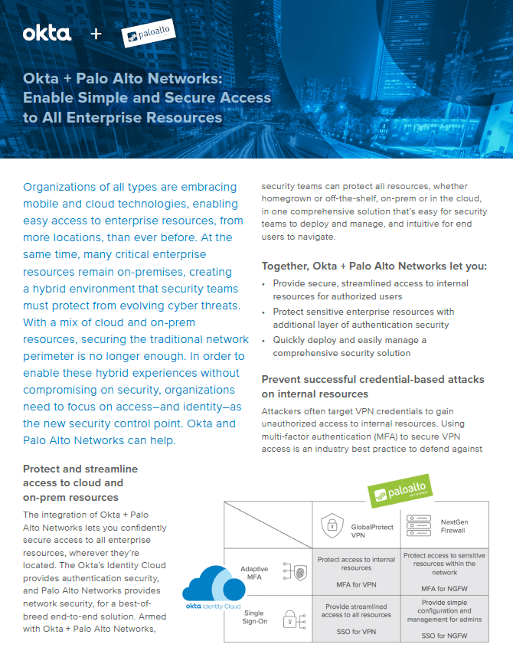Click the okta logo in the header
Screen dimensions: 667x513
47,34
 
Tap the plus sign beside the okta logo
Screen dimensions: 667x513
96,34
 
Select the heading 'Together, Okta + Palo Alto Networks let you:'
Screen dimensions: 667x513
374,266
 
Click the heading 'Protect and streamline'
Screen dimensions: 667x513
80,469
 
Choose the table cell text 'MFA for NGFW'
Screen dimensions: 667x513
444,588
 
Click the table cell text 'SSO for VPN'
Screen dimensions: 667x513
356,631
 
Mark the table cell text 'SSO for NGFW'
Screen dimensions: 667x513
444,636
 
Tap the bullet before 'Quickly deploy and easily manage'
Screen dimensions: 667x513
265,340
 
